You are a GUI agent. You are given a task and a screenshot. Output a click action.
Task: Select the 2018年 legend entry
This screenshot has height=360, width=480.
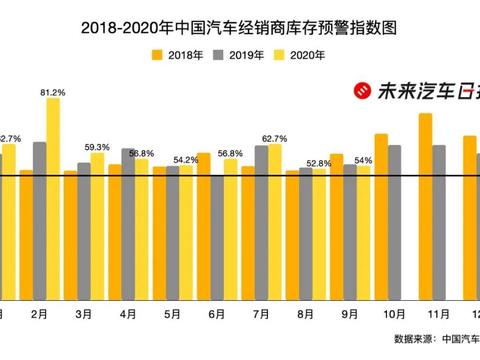tap(180, 56)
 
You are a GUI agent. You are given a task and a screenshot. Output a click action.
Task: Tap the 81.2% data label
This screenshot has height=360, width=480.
tap(53, 92)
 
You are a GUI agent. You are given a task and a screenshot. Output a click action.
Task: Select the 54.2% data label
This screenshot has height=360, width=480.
tap(186, 160)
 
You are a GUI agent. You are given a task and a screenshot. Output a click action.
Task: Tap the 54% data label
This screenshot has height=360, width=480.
tap(363, 160)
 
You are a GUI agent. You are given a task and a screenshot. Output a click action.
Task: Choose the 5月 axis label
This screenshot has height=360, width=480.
tap(172, 313)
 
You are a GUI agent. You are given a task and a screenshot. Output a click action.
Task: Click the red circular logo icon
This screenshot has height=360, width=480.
tap(360, 91)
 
